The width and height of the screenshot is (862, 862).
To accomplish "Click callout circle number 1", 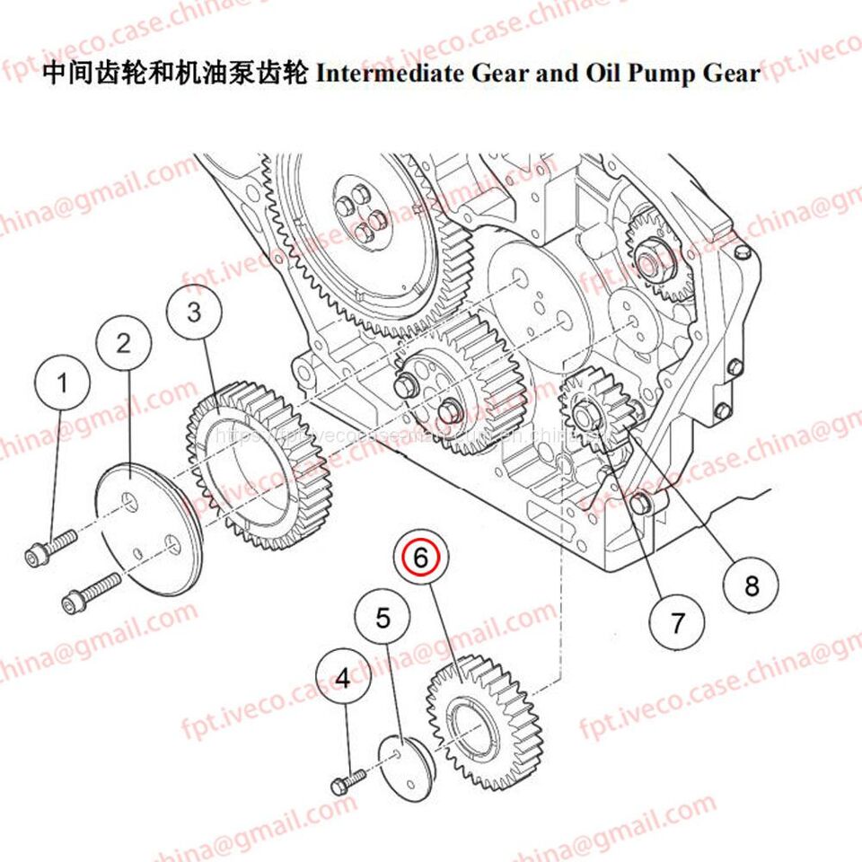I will (63, 384).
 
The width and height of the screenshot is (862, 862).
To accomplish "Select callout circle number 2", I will (124, 342).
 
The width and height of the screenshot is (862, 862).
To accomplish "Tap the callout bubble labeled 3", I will (195, 312).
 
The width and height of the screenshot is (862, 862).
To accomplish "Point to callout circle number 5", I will (383, 619).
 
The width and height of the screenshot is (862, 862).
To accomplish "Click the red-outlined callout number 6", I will (421, 557).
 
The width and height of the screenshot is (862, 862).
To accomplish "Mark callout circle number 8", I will (752, 586).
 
